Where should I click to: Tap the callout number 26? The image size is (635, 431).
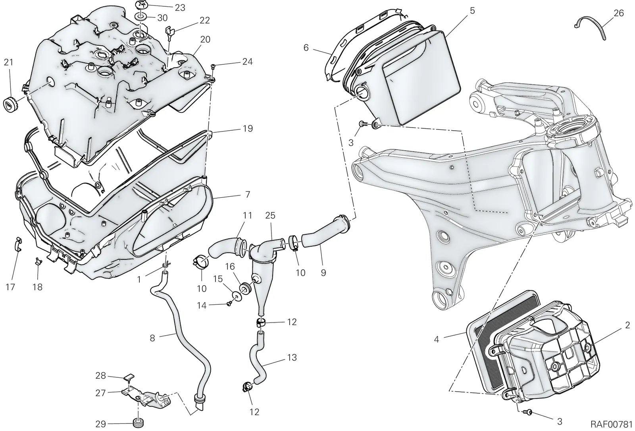pos(619,13)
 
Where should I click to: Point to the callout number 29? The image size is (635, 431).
pos(101,424)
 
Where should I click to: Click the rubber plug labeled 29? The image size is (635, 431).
pos(139,423)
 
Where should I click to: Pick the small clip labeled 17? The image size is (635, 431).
pos(18,244)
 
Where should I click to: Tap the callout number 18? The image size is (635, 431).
pos(37,287)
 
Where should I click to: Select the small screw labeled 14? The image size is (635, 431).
pos(229,304)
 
